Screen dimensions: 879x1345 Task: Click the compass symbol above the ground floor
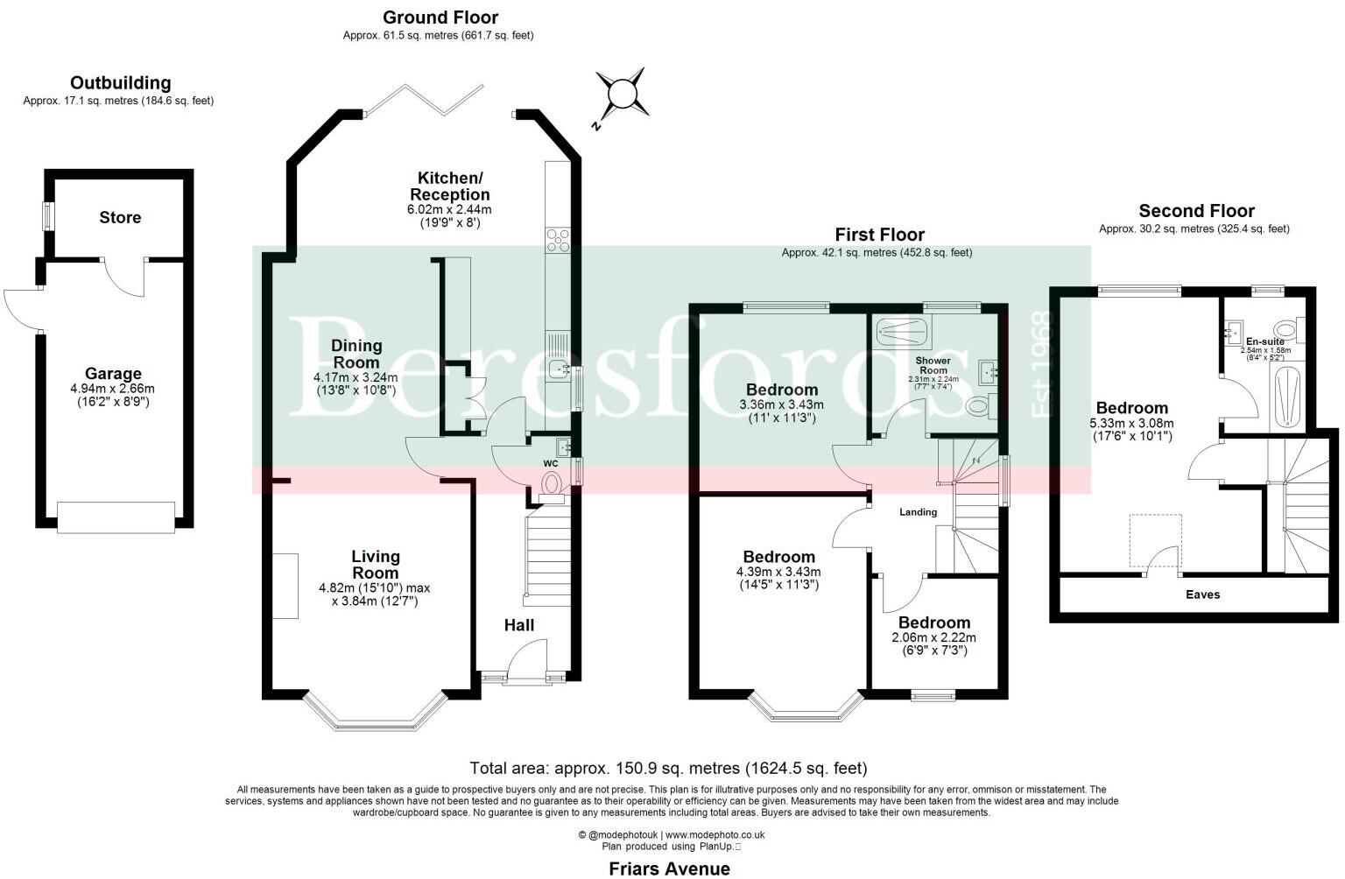[x=621, y=92]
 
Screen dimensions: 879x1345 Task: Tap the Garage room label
[x=113, y=374]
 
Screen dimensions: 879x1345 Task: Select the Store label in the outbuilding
[x=120, y=217]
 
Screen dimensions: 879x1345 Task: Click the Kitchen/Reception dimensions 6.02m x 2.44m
[x=449, y=210]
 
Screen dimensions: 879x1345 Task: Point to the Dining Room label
[x=356, y=354]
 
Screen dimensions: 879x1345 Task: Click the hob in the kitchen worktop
[x=558, y=239]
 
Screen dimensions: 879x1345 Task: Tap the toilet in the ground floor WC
[x=553, y=482]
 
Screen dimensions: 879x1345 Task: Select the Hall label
[x=518, y=625]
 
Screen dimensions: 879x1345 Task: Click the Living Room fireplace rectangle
[x=285, y=586]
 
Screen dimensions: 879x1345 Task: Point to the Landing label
[x=918, y=512]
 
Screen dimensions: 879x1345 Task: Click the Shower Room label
[x=933, y=365]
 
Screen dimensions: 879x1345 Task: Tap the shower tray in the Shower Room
[x=902, y=330]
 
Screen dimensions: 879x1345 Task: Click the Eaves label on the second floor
[x=1202, y=594]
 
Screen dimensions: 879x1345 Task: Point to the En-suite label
[x=1264, y=341]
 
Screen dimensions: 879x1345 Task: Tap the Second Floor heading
[x=1196, y=211]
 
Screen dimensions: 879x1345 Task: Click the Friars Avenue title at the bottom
[x=669, y=868]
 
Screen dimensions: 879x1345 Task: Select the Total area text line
[x=668, y=768]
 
